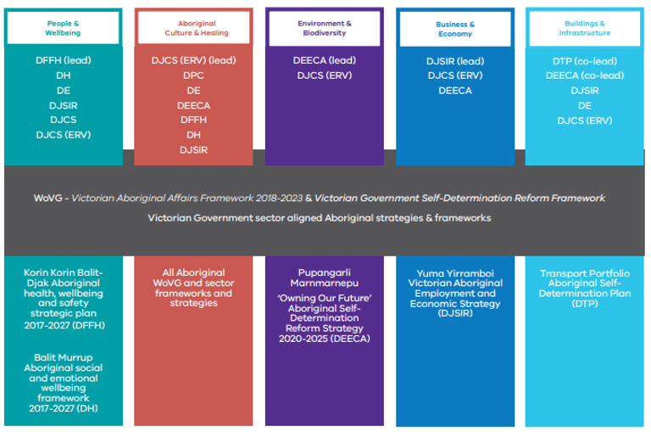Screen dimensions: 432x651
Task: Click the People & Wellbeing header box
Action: click(63, 28)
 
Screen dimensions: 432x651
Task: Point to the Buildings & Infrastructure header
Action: click(584, 28)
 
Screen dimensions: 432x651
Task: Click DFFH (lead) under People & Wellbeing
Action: click(63, 61)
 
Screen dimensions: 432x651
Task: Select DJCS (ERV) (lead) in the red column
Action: click(193, 61)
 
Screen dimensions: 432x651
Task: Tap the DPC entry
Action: click(193, 76)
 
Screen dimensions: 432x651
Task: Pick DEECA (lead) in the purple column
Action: click(324, 61)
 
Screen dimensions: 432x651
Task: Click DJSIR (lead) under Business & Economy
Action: click(455, 61)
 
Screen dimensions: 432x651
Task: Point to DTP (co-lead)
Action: click(584, 61)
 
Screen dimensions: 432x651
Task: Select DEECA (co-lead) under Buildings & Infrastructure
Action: click(584, 76)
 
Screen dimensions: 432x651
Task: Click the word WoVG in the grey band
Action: click(48, 198)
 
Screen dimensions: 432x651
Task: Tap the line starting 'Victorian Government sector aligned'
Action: click(320, 218)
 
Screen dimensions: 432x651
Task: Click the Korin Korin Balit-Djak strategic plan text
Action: click(64, 297)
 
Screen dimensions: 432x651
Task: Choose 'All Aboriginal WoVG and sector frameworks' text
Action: click(193, 288)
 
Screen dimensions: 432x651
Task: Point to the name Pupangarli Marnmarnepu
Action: click(324, 278)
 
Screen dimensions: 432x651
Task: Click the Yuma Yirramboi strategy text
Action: click(455, 293)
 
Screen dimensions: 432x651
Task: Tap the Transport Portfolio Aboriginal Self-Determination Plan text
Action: click(584, 288)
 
